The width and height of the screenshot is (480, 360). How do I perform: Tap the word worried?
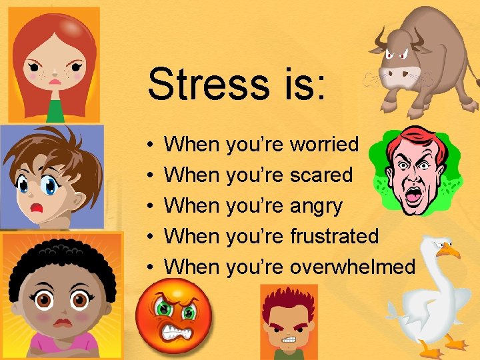coord(325,144)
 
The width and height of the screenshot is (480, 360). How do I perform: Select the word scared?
coord(321,175)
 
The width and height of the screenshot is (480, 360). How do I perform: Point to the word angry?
coord(316,205)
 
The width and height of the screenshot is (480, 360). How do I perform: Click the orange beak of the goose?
coord(449,251)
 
